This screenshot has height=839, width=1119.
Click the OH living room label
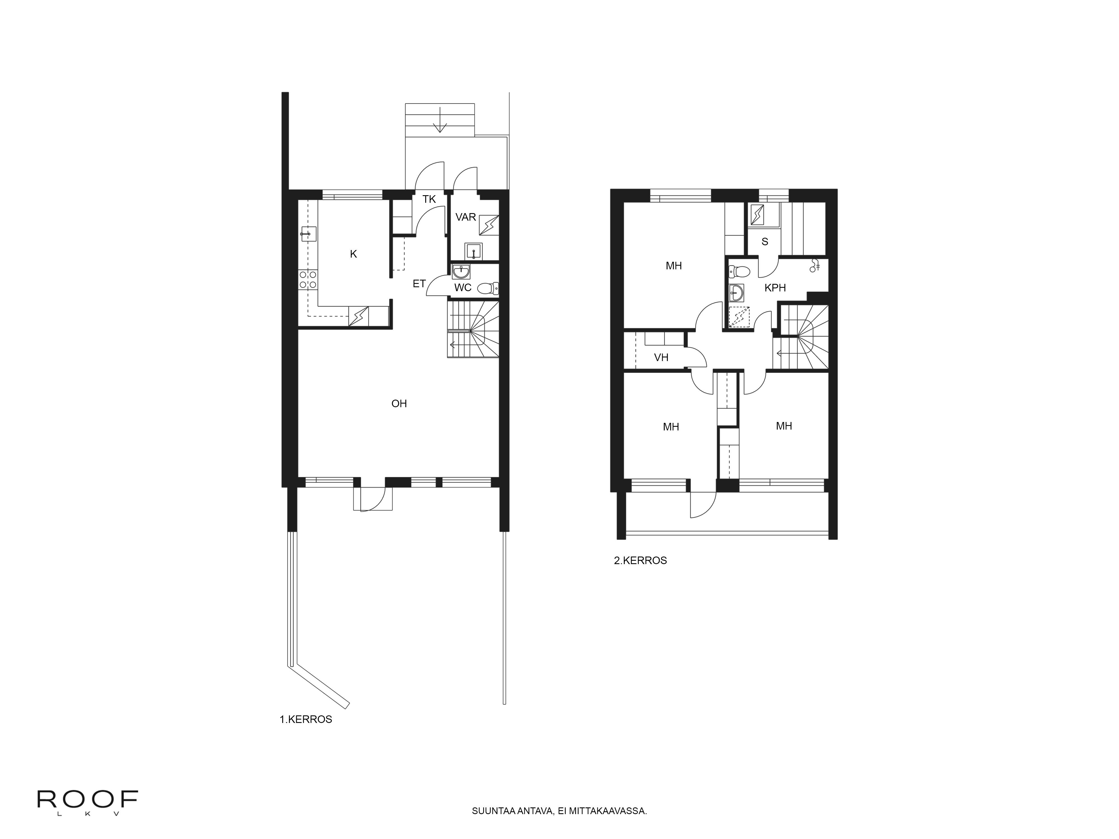pos(399,404)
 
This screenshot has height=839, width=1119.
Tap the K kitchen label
pos(354,254)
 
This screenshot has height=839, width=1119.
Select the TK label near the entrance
pos(429,199)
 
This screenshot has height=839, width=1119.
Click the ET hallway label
pos(419,284)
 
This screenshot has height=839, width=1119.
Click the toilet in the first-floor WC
pos(487,288)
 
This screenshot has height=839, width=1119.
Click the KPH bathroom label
pos(775,288)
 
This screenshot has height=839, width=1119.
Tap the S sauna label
pos(765,242)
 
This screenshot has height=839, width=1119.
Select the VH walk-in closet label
pos(661,357)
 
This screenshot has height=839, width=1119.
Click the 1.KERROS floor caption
pos(305,719)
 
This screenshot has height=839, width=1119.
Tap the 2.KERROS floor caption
pos(640,560)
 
